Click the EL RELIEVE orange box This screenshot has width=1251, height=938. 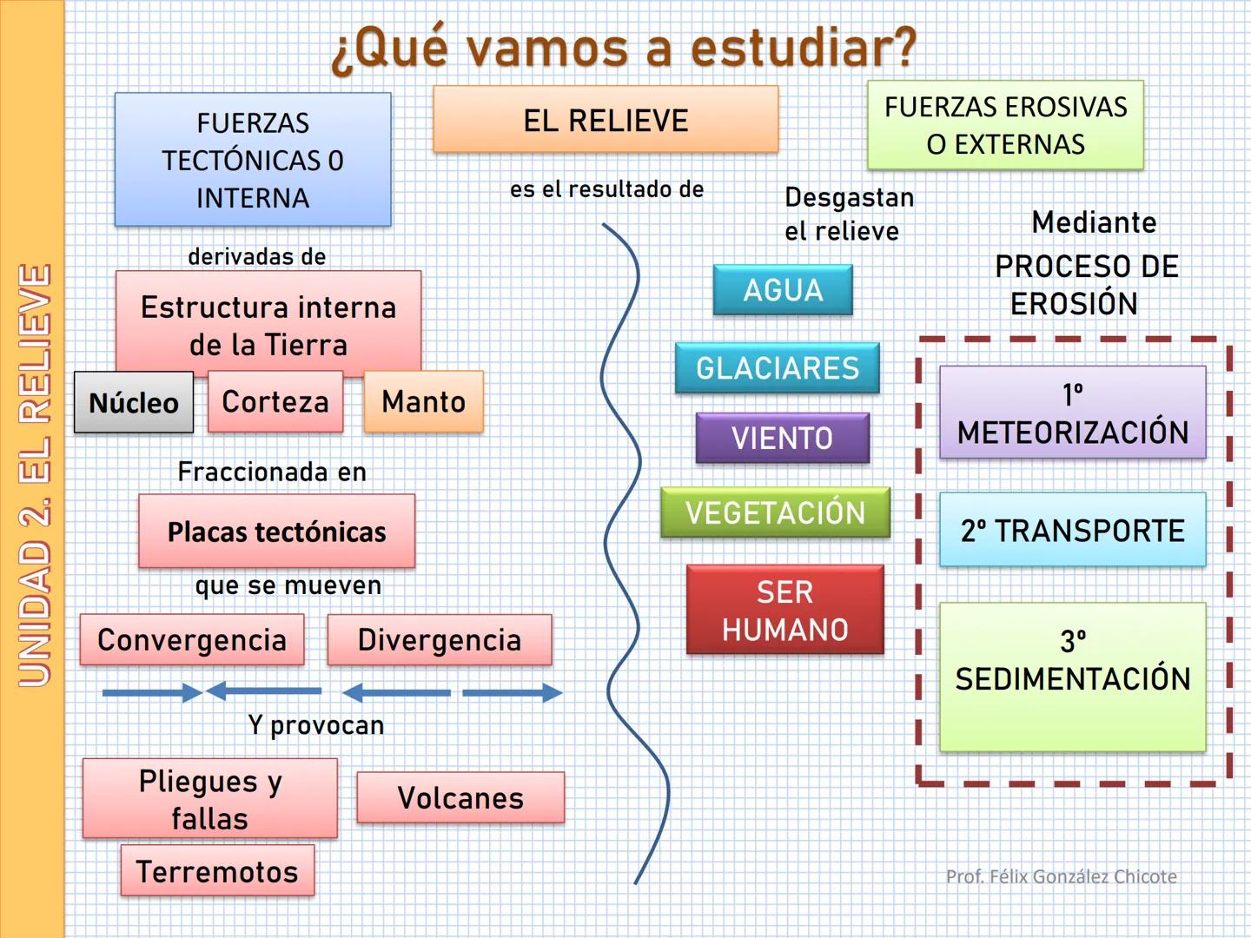606,120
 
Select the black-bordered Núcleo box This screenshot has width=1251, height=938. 134,402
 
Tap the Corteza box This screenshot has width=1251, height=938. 275,401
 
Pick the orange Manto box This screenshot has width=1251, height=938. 424,401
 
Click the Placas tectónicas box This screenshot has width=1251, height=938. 276,532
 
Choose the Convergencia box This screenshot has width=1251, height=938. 192,640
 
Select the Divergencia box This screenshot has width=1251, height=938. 440,640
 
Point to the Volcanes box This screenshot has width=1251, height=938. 460,797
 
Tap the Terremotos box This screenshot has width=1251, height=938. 217,870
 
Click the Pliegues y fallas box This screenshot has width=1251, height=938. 210,799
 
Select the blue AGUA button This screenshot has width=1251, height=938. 783,290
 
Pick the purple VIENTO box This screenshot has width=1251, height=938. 782,438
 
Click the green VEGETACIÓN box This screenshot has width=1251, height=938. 775,512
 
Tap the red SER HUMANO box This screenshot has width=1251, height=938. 784,610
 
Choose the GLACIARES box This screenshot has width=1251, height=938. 778,368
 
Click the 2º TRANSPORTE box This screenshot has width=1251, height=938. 1072,530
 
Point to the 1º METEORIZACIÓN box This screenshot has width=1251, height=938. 1072,413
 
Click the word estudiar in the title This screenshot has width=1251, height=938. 804,48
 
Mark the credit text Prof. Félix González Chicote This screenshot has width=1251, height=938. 1061,876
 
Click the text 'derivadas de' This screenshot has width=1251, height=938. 257,256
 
